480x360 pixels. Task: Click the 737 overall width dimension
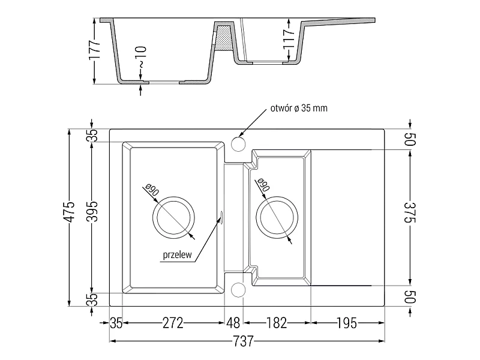[244, 341]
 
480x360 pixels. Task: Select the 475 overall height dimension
[70, 212]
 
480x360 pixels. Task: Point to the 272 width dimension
[173, 323]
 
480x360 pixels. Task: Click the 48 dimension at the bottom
[233, 323]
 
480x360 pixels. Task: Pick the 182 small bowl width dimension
[277, 323]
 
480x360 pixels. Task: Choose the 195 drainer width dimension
[347, 323]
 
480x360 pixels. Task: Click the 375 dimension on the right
[410, 213]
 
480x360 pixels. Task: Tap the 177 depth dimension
[95, 50]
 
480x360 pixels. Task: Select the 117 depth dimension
[289, 39]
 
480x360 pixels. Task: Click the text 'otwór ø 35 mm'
[299, 108]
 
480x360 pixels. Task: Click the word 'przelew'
[177, 254]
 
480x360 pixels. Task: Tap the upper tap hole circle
[238, 144]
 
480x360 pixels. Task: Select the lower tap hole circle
[238, 290]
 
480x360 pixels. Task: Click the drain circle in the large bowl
[173, 197]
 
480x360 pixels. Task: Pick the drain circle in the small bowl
[277, 197]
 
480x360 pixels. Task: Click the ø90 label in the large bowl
[152, 190]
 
